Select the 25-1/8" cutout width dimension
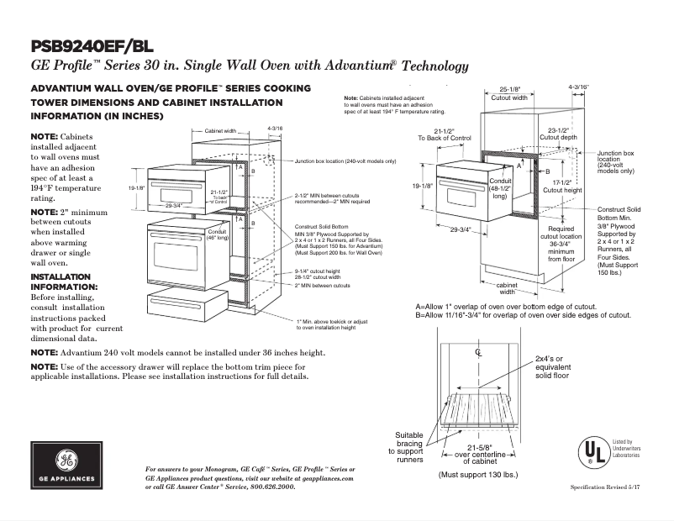pos(508,92)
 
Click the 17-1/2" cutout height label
pos(561,186)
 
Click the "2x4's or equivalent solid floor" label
pos(552,366)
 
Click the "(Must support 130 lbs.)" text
pos(477,474)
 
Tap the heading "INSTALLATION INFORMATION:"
pos(64,281)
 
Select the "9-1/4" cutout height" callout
pos(317,271)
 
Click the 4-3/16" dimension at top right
pos(578,87)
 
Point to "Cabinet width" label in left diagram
pos(220,130)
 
